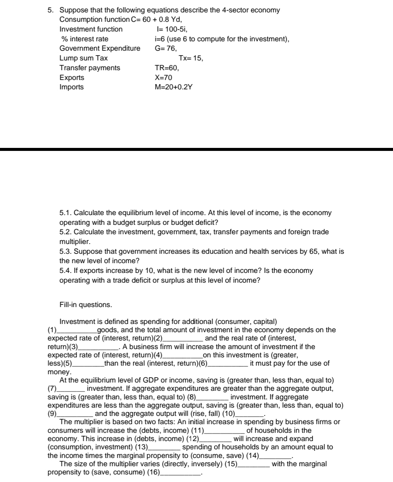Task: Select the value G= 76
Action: click(166, 48)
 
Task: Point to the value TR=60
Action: click(167, 68)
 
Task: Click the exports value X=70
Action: click(163, 78)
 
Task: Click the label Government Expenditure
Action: click(100, 48)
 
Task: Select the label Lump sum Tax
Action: click(83, 58)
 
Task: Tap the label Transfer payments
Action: click(90, 68)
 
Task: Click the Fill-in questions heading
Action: click(85, 305)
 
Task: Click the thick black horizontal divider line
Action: click(196, 149)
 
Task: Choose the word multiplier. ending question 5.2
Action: click(69, 242)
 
